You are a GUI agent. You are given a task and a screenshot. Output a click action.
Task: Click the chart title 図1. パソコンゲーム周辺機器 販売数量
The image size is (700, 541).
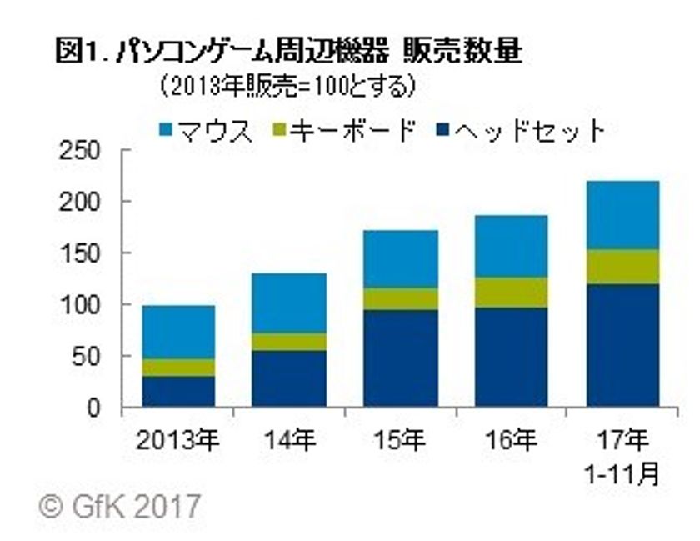(x=287, y=52)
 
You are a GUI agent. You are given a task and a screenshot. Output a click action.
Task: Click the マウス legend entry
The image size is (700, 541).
(x=205, y=130)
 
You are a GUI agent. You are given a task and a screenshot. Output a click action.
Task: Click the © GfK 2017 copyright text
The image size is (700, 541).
(x=117, y=505)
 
